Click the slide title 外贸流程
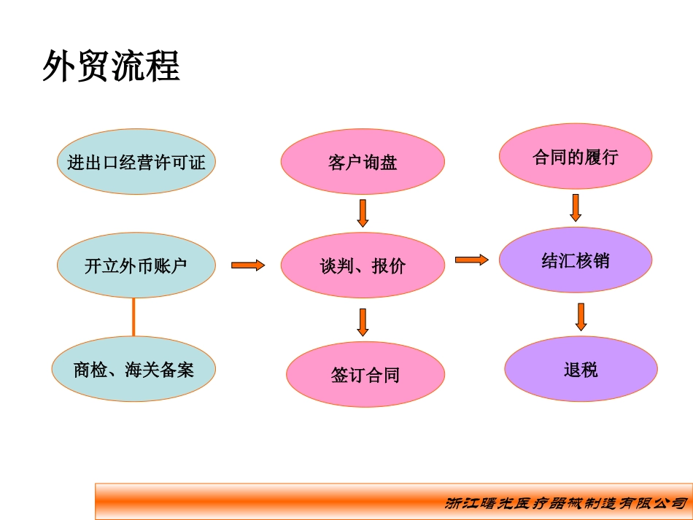[x=112, y=67]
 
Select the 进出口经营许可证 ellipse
[x=136, y=162]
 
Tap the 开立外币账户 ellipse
[x=136, y=265]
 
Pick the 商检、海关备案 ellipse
[x=134, y=370]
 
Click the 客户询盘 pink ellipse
[x=363, y=162]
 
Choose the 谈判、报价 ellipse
[x=363, y=265]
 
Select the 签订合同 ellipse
[x=365, y=375]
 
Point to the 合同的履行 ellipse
[x=575, y=157]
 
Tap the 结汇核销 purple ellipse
[x=575, y=260]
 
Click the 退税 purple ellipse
[x=581, y=369]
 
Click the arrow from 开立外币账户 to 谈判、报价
[x=248, y=265]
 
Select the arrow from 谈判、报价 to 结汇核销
[x=471, y=259]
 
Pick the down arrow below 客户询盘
[x=363, y=212]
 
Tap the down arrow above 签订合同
[x=363, y=322]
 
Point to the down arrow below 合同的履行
[x=575, y=207]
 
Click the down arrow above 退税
[x=581, y=317]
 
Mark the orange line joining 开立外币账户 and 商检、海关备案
[x=133, y=317]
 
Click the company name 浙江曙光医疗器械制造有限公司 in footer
[x=565, y=503]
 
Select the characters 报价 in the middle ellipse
[x=389, y=266]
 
